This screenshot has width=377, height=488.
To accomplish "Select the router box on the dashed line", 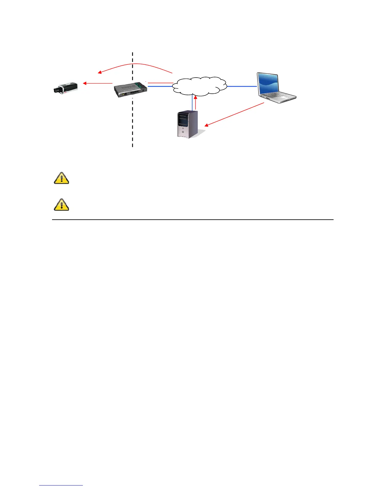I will [x=130, y=89].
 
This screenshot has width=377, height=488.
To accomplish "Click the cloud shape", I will [x=199, y=85].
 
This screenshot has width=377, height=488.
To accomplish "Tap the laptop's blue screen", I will [x=269, y=83].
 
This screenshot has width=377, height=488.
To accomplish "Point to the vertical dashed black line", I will [x=132, y=123].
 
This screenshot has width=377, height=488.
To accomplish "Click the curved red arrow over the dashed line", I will [x=136, y=65].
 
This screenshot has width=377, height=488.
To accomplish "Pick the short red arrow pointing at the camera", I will [x=98, y=83].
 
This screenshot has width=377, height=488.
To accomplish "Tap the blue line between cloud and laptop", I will [x=242, y=87].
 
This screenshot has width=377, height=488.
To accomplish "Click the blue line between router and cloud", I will [x=160, y=87].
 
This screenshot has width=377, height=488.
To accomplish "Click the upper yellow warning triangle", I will [x=61, y=178].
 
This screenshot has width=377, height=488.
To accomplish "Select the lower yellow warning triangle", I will [x=61, y=205].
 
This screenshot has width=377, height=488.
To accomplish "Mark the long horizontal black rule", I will [x=193, y=220].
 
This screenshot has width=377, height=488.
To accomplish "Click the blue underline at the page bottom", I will [x=61, y=486].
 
